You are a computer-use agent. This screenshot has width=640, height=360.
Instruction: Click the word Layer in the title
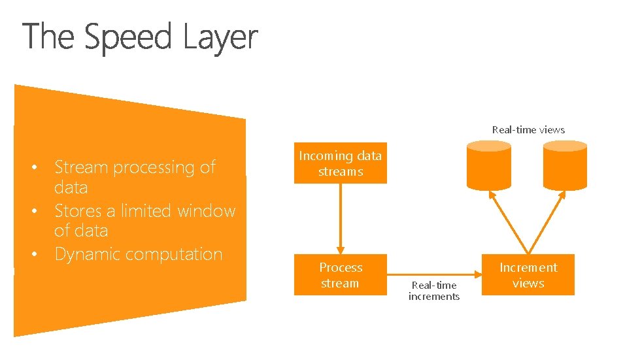(x=220, y=37)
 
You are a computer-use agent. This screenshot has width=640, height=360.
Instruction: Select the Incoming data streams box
(x=340, y=163)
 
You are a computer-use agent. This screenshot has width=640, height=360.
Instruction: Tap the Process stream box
(x=340, y=275)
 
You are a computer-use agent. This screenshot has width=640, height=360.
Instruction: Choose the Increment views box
(x=528, y=275)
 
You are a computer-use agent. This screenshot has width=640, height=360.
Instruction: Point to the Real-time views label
(x=528, y=129)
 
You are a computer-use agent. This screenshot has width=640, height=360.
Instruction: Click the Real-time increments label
(x=434, y=291)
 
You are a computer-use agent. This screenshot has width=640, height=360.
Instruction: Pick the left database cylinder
(x=490, y=166)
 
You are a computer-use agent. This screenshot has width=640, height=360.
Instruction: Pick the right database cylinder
(x=565, y=166)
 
